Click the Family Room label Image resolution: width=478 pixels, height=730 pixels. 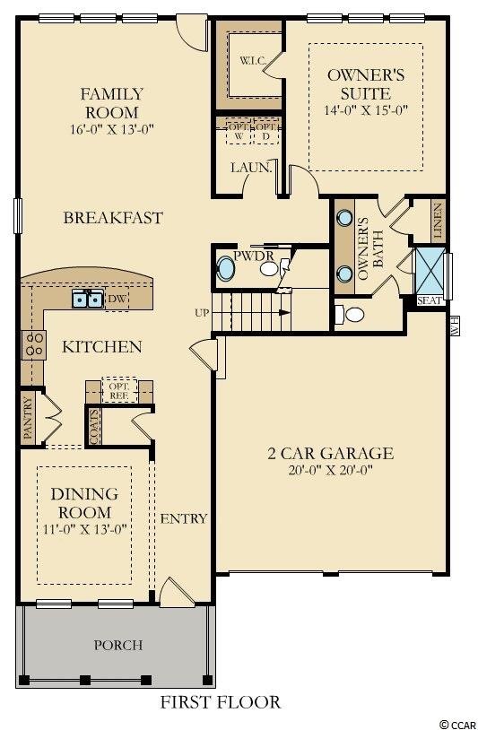coord(110,102)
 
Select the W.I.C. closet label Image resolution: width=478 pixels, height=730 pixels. coord(248,62)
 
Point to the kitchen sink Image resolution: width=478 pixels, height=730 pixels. coord(88,299)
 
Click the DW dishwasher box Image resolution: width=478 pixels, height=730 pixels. coord(117,299)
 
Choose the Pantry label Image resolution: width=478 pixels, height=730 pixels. coord(28,418)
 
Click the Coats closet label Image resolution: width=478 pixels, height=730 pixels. coord(94,427)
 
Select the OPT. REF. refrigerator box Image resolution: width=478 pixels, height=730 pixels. coord(118,388)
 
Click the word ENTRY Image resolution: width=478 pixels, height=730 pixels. coord(184,518)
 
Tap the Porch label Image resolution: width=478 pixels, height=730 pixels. coord(118,645)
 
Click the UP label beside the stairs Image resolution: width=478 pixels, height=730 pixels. coord(201,313)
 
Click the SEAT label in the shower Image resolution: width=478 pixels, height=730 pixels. coord(430,301)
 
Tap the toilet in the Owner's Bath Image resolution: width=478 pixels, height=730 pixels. coord(352,315)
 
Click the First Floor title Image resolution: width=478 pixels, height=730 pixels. coord(221,702)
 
